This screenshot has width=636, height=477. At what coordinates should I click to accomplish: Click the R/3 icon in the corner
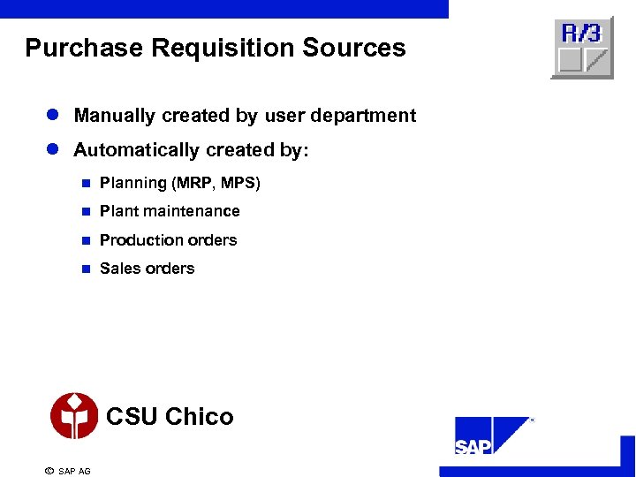pyautogui.click(x=581, y=49)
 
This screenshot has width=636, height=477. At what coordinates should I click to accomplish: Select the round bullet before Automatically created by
pyautogui.click(x=53, y=150)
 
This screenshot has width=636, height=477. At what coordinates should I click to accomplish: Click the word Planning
pyautogui.click(x=133, y=183)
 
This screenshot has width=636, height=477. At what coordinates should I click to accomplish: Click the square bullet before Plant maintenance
pyautogui.click(x=86, y=212)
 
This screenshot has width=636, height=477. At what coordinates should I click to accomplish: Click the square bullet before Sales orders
pyautogui.click(x=86, y=269)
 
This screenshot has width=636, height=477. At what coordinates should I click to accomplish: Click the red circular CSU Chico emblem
pyautogui.click(x=74, y=416)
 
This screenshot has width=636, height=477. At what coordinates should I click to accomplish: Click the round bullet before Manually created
pyautogui.click(x=53, y=116)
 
